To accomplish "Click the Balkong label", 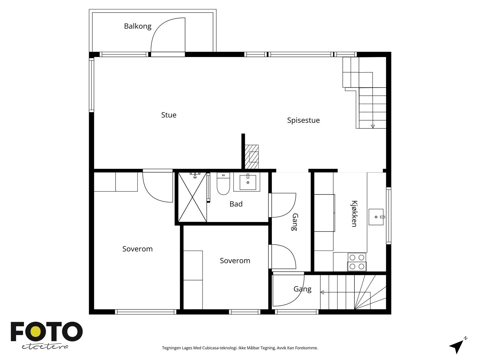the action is (137, 26).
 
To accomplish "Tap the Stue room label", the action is (169, 115).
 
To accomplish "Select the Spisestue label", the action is (303, 120).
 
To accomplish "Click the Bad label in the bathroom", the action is (236, 204).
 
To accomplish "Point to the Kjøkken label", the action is (355, 214).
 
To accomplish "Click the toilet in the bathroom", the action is (223, 183).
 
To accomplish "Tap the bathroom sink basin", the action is (247, 182).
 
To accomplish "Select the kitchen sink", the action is (376, 217).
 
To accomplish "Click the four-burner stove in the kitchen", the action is (357, 262).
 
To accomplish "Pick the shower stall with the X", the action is (192, 197).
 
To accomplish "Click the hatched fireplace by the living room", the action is (251, 157).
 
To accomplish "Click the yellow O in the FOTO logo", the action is (35, 331).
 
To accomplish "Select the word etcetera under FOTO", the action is (45, 347).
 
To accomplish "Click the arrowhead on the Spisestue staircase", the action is (373, 126).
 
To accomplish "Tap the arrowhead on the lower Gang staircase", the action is (322, 292).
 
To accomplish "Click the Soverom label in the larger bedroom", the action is (137, 249).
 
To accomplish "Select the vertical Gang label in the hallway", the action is (295, 222).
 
